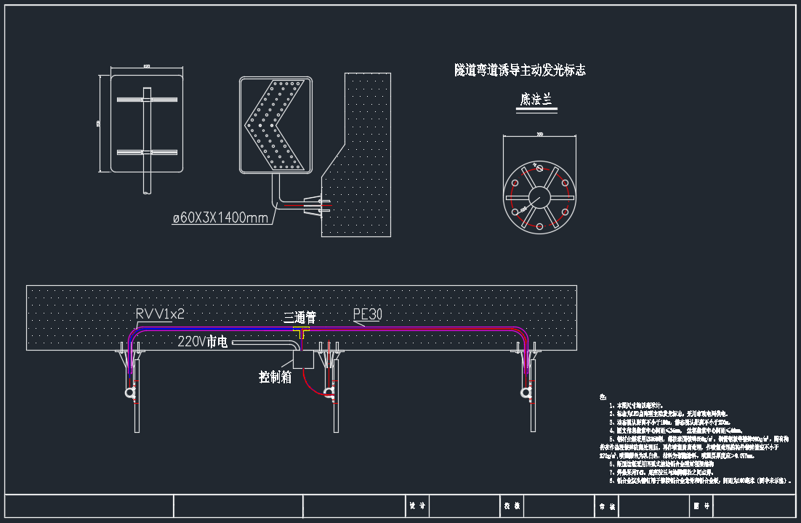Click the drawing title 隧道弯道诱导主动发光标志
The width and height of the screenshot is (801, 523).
tap(520, 70)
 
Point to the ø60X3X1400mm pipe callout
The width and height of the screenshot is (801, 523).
tap(220, 217)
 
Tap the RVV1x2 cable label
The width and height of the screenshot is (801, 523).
tap(160, 314)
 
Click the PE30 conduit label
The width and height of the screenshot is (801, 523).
tap(368, 314)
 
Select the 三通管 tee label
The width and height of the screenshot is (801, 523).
tap(299, 317)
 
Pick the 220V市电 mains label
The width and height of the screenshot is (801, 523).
tap(203, 341)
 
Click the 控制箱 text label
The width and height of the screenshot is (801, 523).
tap(275, 377)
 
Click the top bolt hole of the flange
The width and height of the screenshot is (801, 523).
tap(539, 165)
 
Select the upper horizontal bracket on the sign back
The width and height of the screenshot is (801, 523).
tap(147, 98)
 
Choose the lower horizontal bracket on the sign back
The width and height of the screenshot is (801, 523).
tap(147, 152)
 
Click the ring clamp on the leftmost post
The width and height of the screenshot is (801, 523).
tap(130, 393)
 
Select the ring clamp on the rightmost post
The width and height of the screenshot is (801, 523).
tap(525, 393)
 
